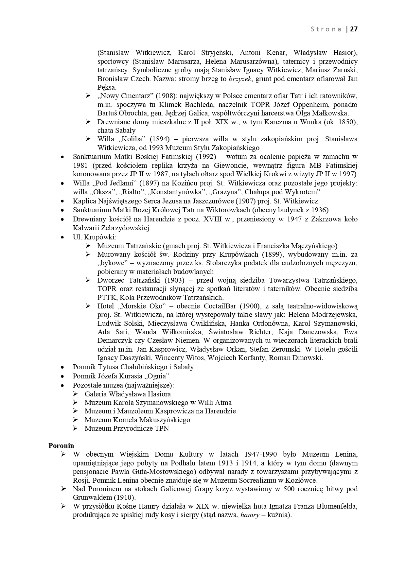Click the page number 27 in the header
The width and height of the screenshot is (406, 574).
tap(354, 29)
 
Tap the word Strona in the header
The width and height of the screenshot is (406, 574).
tap(326, 29)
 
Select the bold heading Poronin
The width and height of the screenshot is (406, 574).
tap(61, 445)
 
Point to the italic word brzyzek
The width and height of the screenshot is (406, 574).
tap(241, 79)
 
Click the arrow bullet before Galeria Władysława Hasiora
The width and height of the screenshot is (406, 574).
tap(76, 394)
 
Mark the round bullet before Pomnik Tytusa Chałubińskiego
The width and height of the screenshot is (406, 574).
tap(62, 367)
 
